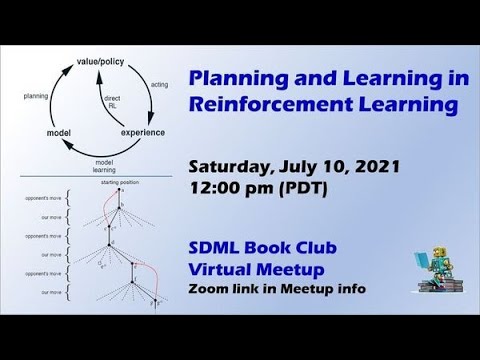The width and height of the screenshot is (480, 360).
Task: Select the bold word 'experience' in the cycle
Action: [x=143, y=131]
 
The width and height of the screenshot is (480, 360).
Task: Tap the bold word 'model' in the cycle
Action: [x=58, y=132]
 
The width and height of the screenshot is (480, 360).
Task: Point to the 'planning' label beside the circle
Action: [x=37, y=96]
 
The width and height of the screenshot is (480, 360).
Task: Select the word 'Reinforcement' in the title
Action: [x=260, y=104]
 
